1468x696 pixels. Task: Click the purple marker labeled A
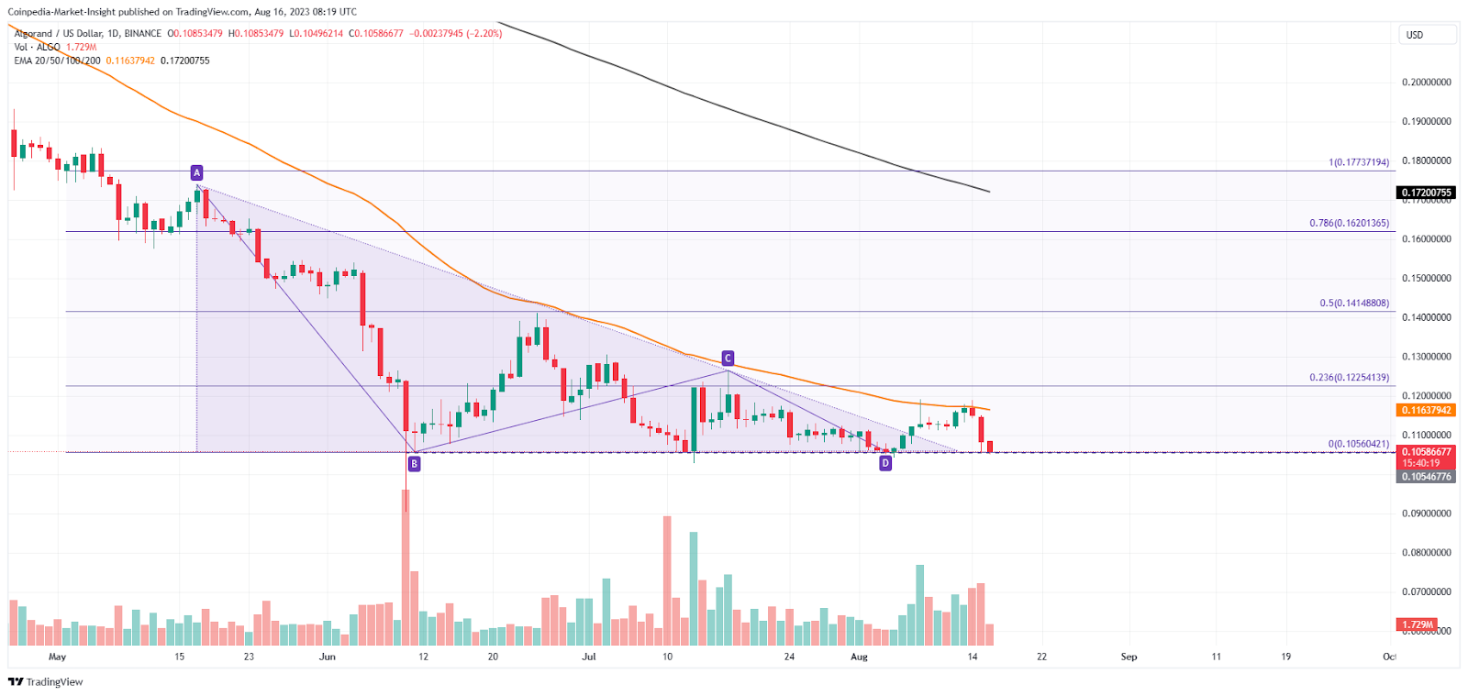pyautogui.click(x=196, y=172)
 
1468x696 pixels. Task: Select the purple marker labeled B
pyautogui.click(x=415, y=464)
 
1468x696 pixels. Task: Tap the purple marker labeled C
pyautogui.click(x=728, y=359)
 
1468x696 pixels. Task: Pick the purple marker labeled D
pyautogui.click(x=885, y=463)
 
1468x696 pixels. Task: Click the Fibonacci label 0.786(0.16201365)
pyautogui.click(x=1349, y=223)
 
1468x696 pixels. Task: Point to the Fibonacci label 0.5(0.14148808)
pyautogui.click(x=1354, y=303)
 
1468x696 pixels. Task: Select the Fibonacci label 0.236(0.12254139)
pyautogui.click(x=1349, y=377)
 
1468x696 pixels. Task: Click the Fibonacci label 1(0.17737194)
pyautogui.click(x=1359, y=162)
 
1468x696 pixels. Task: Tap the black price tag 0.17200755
pyautogui.click(x=1426, y=193)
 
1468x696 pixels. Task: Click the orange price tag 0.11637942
pyautogui.click(x=1426, y=410)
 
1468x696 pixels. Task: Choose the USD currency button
pyautogui.click(x=1426, y=35)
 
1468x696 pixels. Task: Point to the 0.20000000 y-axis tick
pyautogui.click(x=1426, y=83)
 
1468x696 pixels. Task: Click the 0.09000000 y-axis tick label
pyautogui.click(x=1426, y=514)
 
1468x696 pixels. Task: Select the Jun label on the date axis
pyautogui.click(x=328, y=657)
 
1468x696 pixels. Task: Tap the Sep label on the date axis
pyautogui.click(x=1129, y=657)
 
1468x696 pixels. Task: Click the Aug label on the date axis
pyautogui.click(x=859, y=657)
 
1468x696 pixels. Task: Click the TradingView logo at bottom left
pyautogui.click(x=46, y=681)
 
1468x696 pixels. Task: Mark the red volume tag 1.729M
pyautogui.click(x=1417, y=624)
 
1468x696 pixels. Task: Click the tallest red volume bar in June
pyautogui.click(x=406, y=569)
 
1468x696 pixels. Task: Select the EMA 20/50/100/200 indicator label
pyautogui.click(x=57, y=61)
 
